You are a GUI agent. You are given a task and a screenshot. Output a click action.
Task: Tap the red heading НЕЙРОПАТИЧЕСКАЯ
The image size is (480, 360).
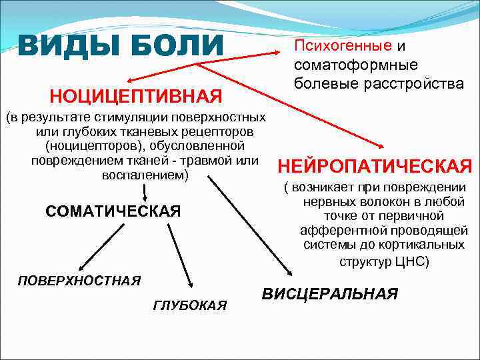tap(375, 165)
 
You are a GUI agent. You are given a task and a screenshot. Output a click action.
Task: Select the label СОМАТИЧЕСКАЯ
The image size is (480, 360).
tap(113, 211)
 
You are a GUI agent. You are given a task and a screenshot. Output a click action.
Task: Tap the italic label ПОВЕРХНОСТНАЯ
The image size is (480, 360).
tap(79, 280)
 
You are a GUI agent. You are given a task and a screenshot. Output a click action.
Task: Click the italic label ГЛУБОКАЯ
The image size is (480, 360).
tap(190, 305)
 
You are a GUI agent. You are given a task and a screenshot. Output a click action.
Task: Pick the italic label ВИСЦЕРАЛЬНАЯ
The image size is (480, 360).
tap(330, 294)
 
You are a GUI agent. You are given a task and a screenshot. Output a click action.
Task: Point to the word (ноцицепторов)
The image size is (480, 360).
tap(94, 145)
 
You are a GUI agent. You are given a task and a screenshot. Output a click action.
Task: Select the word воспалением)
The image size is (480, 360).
tap(145, 175)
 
